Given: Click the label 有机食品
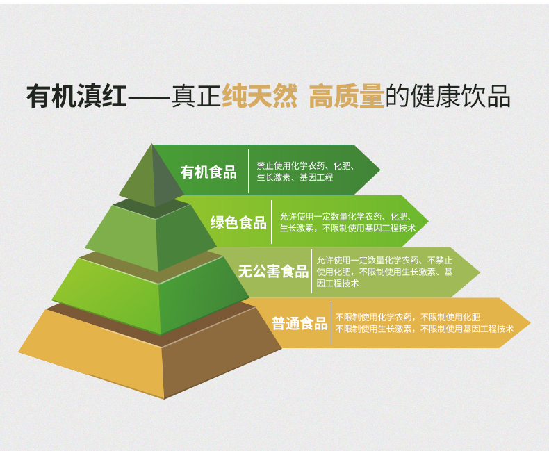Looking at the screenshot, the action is pyautogui.click(x=208, y=172).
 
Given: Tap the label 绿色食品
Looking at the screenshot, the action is pyautogui.click(x=238, y=222).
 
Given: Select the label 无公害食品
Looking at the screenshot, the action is pyautogui.click(x=273, y=272).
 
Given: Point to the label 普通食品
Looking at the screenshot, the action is pyautogui.click(x=300, y=323).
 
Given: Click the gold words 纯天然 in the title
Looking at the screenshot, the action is pyautogui.click(x=259, y=96).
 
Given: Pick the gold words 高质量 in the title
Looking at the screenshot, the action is pyautogui.click(x=347, y=96).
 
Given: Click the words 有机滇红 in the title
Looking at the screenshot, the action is pyautogui.click(x=76, y=96).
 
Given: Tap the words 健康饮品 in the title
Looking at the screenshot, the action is pyautogui.click(x=460, y=96).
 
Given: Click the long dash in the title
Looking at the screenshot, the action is pyautogui.click(x=149, y=96).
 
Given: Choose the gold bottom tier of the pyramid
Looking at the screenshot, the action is pyautogui.click(x=150, y=354).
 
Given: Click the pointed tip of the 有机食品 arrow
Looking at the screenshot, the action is pyautogui.click(x=380, y=170).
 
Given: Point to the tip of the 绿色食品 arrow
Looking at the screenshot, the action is pyautogui.click(x=429, y=221).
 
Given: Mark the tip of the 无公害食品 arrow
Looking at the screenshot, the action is pyautogui.click(x=480, y=272).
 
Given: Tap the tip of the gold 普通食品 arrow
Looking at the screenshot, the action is pyautogui.click(x=531, y=323).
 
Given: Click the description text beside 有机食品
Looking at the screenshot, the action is pyautogui.click(x=305, y=172).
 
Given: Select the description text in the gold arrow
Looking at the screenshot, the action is pyautogui.click(x=425, y=323).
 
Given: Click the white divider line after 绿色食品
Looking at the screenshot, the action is pyautogui.click(x=271, y=222).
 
